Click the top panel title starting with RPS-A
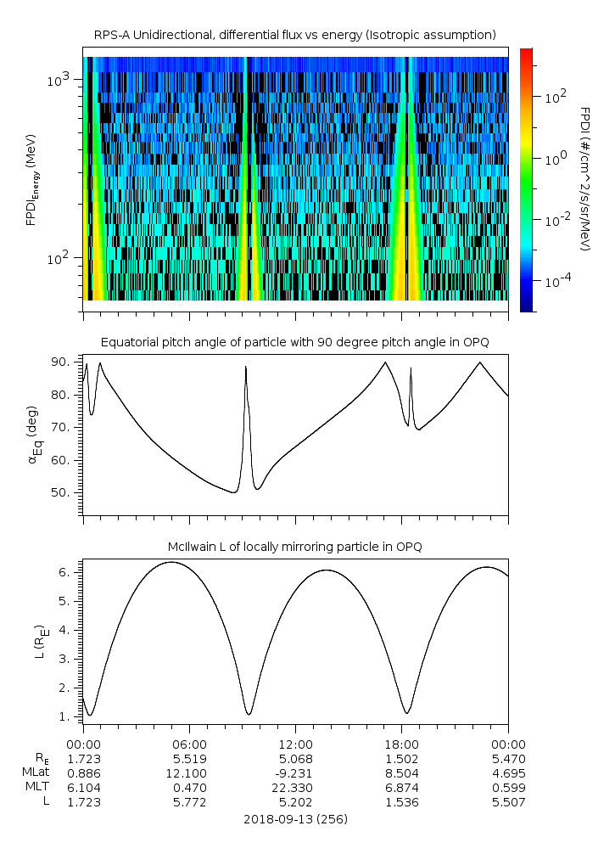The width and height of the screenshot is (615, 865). pyautogui.click(x=294, y=35)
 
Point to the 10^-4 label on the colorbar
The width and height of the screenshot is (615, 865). pyautogui.click(x=556, y=281)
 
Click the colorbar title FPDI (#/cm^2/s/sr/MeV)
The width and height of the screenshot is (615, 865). pyautogui.click(x=585, y=178)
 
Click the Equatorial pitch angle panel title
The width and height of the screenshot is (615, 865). pyautogui.click(x=294, y=342)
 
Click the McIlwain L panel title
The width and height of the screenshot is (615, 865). pyautogui.click(x=294, y=547)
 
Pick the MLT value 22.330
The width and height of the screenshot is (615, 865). pyautogui.click(x=295, y=788)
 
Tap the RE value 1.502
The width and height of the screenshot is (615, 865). pyautogui.click(x=401, y=758)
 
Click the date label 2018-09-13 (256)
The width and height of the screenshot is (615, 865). pyautogui.click(x=295, y=819)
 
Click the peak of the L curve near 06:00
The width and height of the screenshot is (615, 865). pyautogui.click(x=171, y=562)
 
